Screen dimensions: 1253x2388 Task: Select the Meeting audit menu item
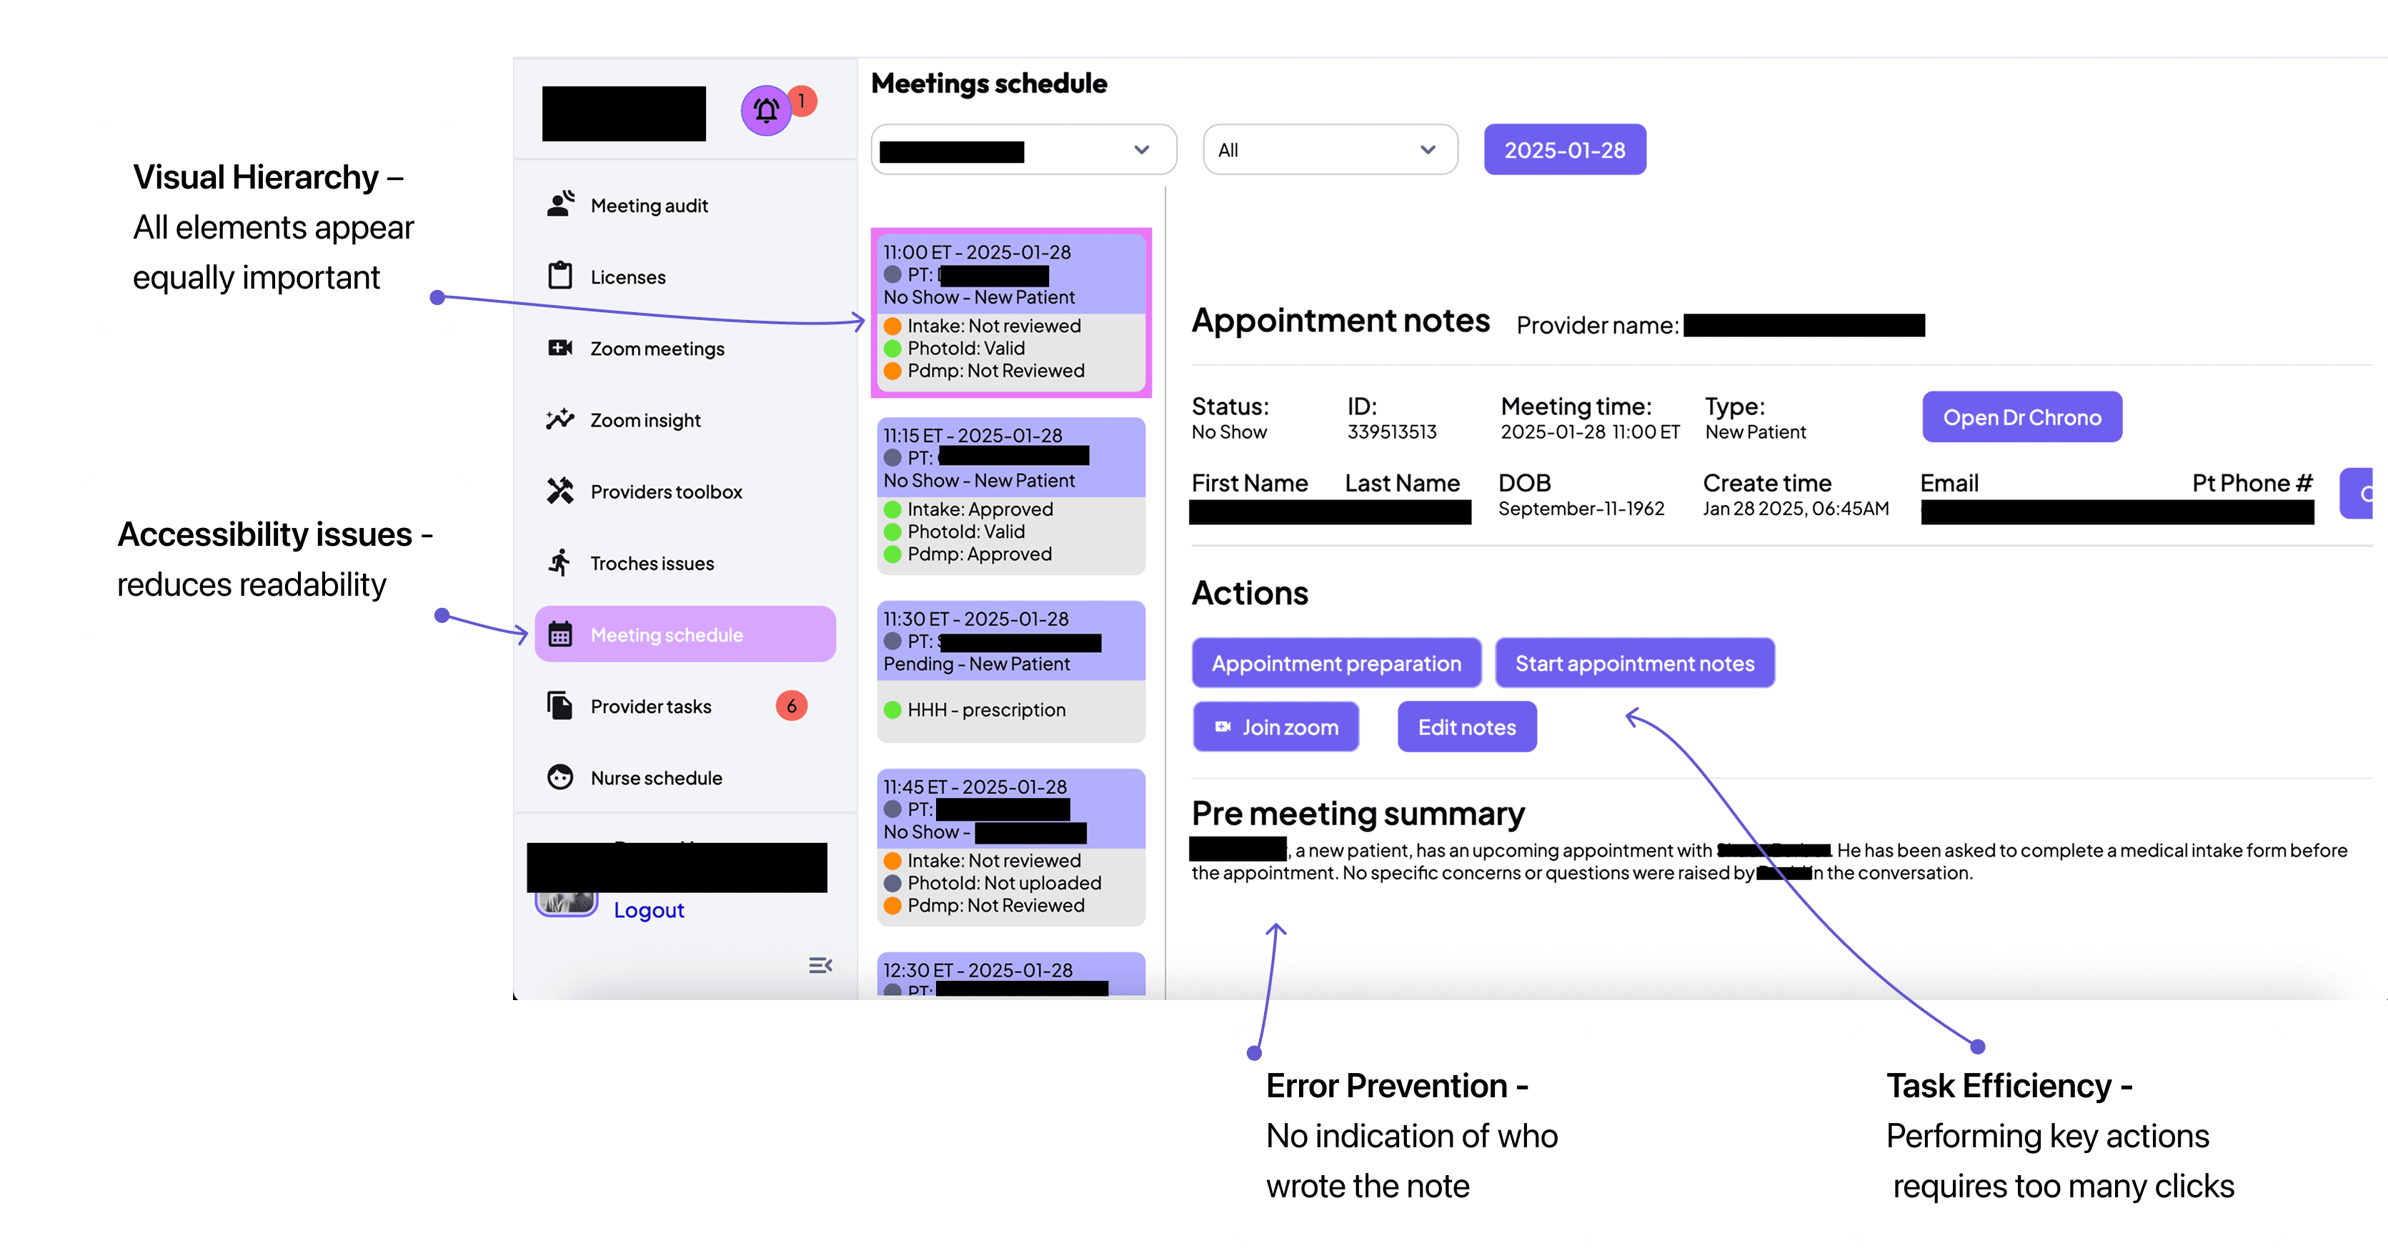pyautogui.click(x=648, y=206)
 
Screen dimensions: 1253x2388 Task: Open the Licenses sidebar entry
pyautogui.click(x=627, y=277)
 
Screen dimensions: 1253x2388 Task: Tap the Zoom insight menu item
pyautogui.click(x=645, y=421)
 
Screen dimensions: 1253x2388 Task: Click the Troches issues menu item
pyautogui.click(x=651, y=564)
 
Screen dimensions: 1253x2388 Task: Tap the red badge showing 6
pyautogui.click(x=791, y=707)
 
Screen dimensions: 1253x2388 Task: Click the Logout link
pyautogui.click(x=648, y=910)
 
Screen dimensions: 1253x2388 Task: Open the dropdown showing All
pyautogui.click(x=1329, y=150)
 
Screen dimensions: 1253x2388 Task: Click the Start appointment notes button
pyautogui.click(x=1633, y=664)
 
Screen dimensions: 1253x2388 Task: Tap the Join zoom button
pyautogui.click(x=1275, y=727)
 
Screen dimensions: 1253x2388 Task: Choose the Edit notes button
pyautogui.click(x=1466, y=727)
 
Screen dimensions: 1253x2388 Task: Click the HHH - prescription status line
pyautogui.click(x=985, y=710)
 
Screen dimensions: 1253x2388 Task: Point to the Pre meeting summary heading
pyautogui.click(x=1357, y=814)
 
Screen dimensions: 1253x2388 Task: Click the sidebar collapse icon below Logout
pyautogui.click(x=820, y=966)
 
